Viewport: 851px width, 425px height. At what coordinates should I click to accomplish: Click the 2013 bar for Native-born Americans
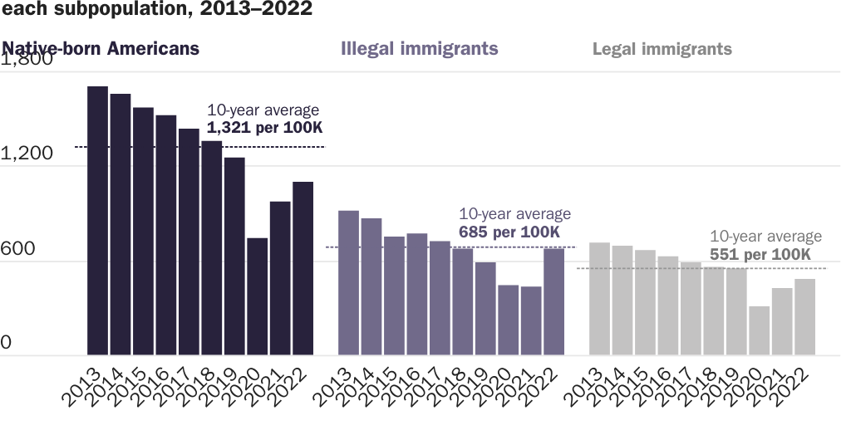pos(98,221)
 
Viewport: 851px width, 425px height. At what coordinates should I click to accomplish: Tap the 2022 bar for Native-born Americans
pos(303,268)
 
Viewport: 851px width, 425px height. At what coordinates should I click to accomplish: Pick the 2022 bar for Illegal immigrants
pos(553,301)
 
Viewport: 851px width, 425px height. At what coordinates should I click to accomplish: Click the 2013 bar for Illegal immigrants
pos(349,283)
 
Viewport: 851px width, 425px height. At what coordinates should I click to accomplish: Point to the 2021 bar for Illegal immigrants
pos(531,320)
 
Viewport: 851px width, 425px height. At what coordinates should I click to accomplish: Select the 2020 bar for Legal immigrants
pos(759,330)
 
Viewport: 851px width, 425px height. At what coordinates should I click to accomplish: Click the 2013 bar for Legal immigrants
pos(599,299)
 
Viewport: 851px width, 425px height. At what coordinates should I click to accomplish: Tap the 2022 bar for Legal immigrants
pos(804,317)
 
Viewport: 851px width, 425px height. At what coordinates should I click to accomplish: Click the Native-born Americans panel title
pos(101,48)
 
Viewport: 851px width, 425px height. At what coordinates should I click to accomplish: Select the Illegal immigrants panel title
pos(420,48)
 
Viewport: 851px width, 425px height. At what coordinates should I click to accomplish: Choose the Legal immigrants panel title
pos(662,49)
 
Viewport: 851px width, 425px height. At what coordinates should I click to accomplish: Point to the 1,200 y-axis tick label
pos(27,154)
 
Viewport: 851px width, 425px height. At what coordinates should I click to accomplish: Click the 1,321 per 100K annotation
pos(264,128)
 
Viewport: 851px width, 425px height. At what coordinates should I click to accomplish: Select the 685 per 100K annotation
pos(509,232)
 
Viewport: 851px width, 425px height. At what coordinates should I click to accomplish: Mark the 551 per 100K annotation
pos(760,254)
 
